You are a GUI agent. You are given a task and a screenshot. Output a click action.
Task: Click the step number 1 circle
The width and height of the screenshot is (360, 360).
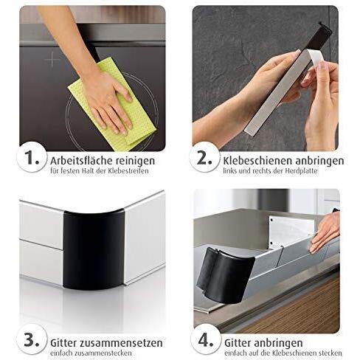[32, 157]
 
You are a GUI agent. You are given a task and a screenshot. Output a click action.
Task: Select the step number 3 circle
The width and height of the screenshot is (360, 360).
[32, 341]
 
